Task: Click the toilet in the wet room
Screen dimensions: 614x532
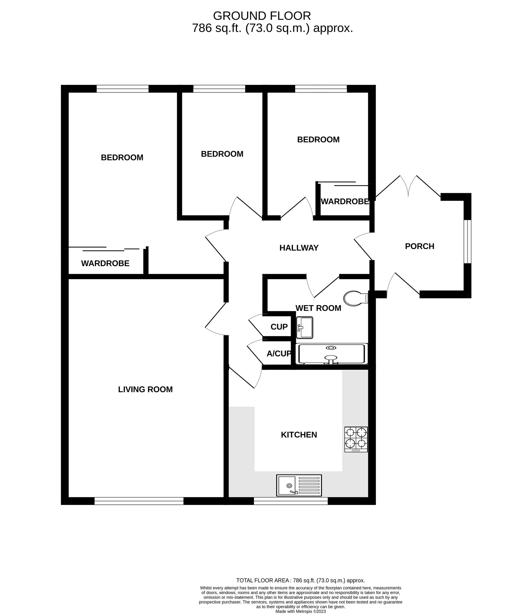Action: point(355,298)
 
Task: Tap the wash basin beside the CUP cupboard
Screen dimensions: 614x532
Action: point(305,328)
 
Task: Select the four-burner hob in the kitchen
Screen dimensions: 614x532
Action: point(356,439)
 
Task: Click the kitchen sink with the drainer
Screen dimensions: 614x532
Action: point(299,485)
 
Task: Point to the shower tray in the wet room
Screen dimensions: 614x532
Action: point(332,354)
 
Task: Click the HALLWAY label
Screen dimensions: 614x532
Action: point(299,248)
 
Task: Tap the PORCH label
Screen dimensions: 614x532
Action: point(419,246)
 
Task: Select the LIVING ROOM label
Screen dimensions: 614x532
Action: point(145,389)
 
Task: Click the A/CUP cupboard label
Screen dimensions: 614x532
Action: point(279,354)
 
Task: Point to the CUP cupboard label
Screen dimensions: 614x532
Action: point(279,327)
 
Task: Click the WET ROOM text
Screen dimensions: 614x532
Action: point(318,308)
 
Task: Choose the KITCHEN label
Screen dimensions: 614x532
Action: point(299,435)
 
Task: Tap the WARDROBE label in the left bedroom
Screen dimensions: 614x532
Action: point(105,263)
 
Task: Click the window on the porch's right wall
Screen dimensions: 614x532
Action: point(468,241)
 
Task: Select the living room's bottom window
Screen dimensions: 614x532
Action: point(139,501)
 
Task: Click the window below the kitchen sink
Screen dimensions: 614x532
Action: point(291,501)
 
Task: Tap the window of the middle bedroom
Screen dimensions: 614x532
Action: point(219,89)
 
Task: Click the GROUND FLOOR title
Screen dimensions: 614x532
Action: point(262,16)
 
